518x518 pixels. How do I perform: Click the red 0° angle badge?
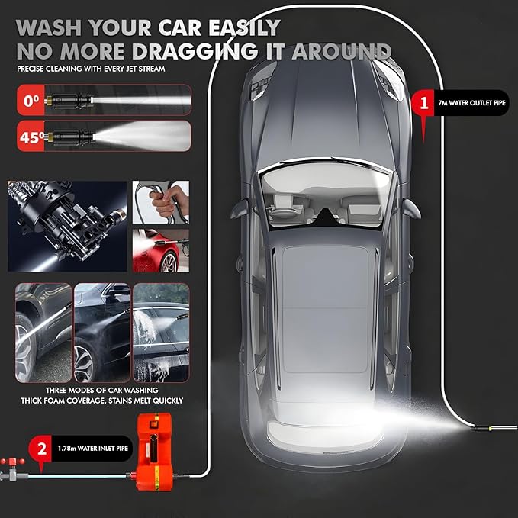coord(31,100)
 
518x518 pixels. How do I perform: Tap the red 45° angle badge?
coord(31,136)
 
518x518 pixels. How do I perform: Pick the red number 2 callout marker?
coord(41,450)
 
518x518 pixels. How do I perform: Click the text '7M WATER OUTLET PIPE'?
coord(471,103)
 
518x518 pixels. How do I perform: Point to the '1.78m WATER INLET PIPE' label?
coord(92,449)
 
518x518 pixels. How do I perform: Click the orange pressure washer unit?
coord(154,452)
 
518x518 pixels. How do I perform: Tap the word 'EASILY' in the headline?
coord(244,27)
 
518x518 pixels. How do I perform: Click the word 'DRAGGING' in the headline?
coord(195,52)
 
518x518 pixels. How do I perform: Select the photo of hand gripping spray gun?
coord(161,202)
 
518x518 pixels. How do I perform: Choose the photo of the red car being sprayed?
coord(161,251)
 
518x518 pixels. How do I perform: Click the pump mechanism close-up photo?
coord(67,227)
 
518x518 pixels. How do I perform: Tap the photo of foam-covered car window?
coord(161,333)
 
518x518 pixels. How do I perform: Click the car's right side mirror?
coord(412,209)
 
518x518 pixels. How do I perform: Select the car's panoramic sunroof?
coord(326,309)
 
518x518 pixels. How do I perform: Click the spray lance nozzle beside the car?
coord(494,427)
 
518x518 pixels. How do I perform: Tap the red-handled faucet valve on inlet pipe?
coord(12,468)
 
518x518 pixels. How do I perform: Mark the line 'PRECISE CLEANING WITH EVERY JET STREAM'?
coord(91,69)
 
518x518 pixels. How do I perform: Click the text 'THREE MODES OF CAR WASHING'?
coord(101,390)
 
